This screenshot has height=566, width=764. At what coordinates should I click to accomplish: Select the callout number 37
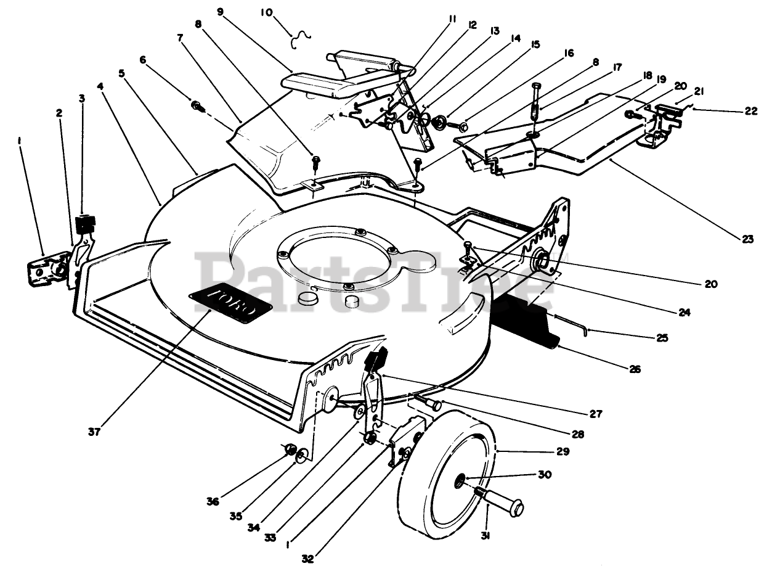coord(94,431)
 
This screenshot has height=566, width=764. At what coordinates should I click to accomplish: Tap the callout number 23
coord(747,239)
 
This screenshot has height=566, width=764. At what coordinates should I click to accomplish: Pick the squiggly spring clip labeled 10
coord(301,38)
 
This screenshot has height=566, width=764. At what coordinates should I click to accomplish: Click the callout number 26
coord(635,369)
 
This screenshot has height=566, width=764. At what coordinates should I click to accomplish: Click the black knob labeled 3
coord(86,223)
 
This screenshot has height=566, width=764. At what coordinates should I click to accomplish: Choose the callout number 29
coord(563,451)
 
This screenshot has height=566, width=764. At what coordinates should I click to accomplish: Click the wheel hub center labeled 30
coord(461,480)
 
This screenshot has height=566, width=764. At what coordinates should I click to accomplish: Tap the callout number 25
coord(662,337)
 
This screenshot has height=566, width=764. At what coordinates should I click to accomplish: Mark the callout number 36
coord(213,502)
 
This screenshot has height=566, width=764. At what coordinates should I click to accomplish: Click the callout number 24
coord(685,312)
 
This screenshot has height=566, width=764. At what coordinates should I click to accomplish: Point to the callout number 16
coord(568,54)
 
